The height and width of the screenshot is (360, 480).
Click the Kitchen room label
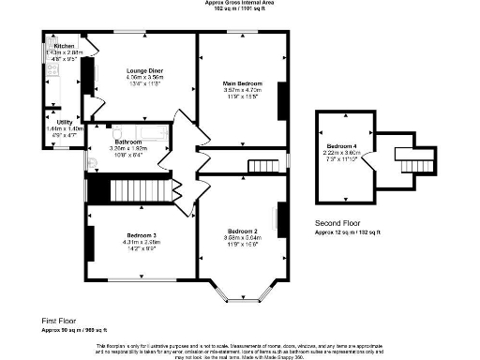(x=64, y=46)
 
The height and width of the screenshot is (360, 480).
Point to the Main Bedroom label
(x=242, y=84)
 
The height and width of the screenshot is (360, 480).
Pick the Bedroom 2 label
(x=242, y=231)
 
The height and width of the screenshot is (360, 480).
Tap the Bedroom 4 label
(x=341, y=146)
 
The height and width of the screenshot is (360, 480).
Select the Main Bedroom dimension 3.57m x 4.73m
(x=242, y=91)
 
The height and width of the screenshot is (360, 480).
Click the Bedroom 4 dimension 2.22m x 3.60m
(x=341, y=154)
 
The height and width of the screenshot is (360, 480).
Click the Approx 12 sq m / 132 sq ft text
(x=347, y=231)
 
